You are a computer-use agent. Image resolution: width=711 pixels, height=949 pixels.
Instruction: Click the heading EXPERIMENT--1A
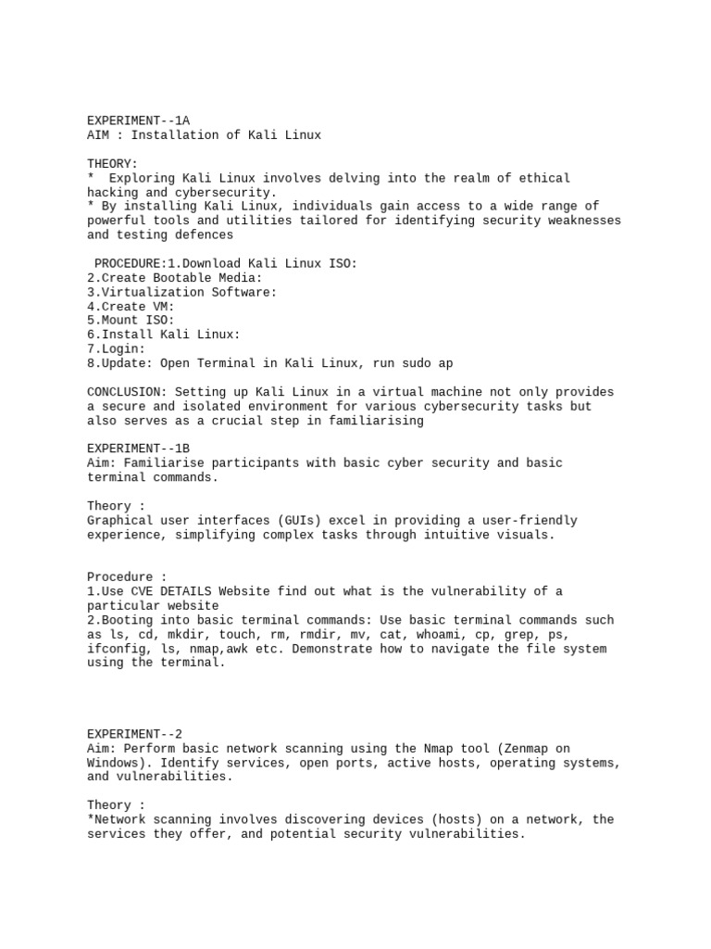[138, 120]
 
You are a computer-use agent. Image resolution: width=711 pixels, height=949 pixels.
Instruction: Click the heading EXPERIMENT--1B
[138, 449]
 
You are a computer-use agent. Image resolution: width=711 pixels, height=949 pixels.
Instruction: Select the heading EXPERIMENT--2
[134, 734]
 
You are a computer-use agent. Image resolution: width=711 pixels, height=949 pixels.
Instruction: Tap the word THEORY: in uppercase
[112, 163]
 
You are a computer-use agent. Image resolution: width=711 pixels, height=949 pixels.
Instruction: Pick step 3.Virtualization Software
[181, 292]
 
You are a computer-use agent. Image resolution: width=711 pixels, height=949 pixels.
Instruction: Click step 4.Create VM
[131, 307]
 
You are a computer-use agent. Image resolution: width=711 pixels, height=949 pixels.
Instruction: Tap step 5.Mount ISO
[131, 321]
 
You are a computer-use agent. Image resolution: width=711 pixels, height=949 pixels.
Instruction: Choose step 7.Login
[116, 349]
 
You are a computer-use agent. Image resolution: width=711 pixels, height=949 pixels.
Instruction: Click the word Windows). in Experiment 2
[119, 763]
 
